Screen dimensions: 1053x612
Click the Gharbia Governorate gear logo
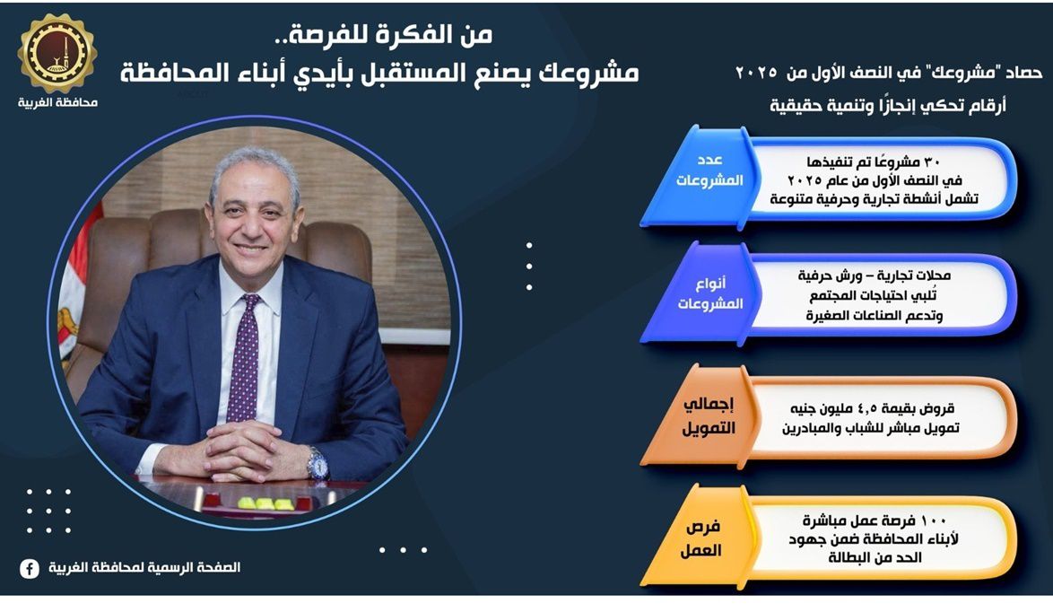point(57,54)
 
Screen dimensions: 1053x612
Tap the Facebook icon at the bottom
point(29,568)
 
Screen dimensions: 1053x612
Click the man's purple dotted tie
point(243,357)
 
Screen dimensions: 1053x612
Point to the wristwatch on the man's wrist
point(317,464)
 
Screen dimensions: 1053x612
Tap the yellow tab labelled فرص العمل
point(699,538)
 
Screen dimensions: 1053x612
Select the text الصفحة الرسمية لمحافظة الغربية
point(144,568)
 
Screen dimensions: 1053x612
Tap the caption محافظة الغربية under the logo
point(57,103)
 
